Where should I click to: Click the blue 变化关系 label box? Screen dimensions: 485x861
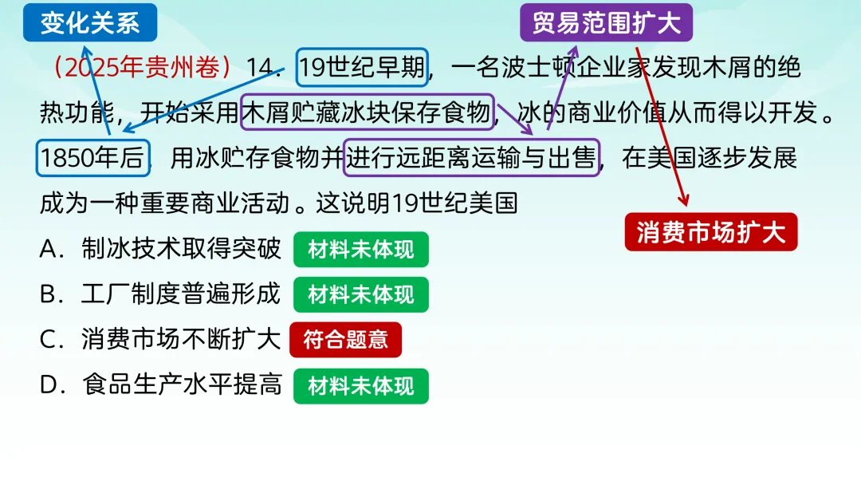[90, 22]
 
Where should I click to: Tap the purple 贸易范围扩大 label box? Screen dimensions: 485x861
[606, 22]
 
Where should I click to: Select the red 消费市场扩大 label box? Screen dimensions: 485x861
[711, 232]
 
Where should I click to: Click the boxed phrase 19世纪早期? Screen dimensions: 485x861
[363, 68]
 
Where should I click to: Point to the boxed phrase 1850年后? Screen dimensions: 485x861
[92, 158]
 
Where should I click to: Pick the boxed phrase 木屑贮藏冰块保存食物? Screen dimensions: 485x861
[368, 113]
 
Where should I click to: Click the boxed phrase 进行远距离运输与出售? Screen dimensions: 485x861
[471, 158]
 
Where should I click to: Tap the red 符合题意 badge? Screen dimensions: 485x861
[345, 340]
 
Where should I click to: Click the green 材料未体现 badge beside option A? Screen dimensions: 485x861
[361, 250]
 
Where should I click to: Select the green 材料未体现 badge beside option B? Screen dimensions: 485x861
[361, 294]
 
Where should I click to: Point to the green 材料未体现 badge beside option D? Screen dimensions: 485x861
[361, 386]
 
